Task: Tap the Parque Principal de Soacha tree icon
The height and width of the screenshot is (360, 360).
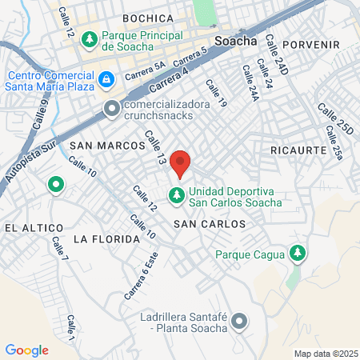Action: (x=90, y=38)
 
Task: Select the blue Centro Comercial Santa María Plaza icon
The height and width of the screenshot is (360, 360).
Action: (x=106, y=80)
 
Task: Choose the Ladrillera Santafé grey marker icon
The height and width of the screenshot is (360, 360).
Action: (x=238, y=323)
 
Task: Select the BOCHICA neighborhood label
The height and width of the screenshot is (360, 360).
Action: (x=148, y=18)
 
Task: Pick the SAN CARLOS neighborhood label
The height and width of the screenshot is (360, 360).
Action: (x=210, y=224)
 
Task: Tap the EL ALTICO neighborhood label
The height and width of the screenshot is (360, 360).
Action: (x=27, y=227)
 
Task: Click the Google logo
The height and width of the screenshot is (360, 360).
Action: (x=27, y=350)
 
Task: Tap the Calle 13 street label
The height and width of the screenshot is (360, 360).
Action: (x=154, y=150)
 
